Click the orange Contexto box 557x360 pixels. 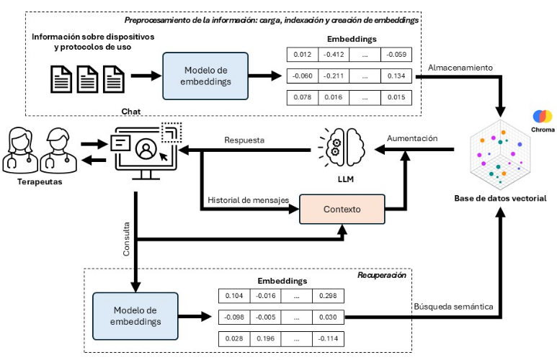342,210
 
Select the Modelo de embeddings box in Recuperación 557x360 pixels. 134,315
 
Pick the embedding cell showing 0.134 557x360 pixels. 396,76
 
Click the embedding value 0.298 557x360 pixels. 329,296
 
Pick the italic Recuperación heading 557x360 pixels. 382,276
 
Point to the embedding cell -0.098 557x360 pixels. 234,318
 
